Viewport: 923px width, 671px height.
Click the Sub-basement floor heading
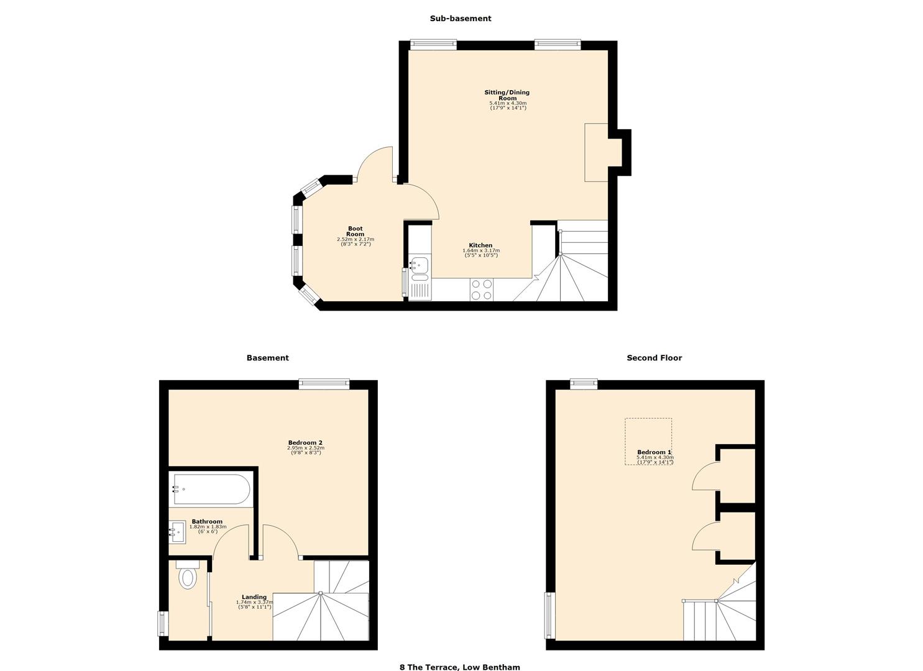[460, 19]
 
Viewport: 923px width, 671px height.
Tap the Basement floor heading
[267, 358]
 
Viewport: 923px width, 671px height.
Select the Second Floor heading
[654, 358]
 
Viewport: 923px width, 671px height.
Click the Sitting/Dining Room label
[507, 95]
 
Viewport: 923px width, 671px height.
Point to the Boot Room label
[355, 231]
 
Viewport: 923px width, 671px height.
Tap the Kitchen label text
[480, 245]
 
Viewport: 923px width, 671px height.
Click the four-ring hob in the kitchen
[481, 289]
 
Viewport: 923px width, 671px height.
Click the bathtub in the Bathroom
[211, 489]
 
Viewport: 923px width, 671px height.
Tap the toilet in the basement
[187, 576]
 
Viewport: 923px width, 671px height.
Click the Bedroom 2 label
[305, 442]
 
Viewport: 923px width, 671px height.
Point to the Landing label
[254, 597]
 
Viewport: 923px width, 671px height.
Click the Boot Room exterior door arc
[375, 163]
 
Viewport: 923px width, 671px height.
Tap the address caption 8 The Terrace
[459, 667]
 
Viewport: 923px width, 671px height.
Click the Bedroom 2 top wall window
[324, 384]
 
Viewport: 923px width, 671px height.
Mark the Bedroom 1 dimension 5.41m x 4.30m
[654, 458]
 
